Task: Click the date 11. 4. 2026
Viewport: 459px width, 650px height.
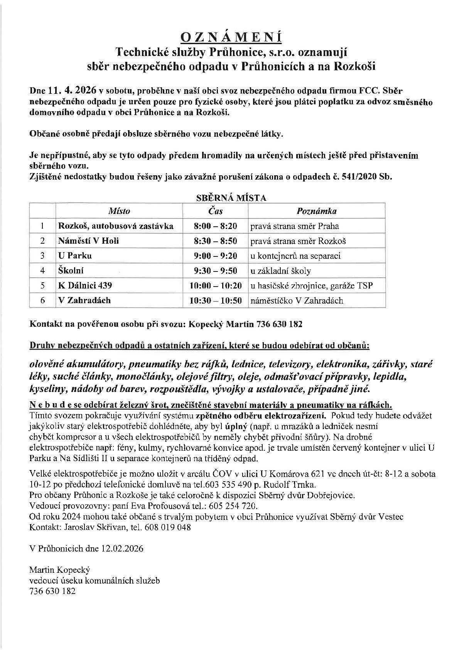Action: coord(73,91)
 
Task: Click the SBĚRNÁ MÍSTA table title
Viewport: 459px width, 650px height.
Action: coord(231,198)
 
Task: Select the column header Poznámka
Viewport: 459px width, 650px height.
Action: coord(316,211)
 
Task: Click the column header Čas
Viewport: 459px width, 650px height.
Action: coord(215,211)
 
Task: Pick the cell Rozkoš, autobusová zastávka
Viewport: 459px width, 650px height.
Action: coord(116,226)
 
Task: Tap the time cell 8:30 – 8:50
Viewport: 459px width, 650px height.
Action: coord(215,241)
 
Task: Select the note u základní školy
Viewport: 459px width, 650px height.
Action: coord(280,271)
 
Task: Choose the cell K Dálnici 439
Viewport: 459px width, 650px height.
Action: coord(85,285)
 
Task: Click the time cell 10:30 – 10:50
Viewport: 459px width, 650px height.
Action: coord(215,300)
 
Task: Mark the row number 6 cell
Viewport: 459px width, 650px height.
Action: coord(42,300)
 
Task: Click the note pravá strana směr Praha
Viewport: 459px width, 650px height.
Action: coord(295,226)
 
